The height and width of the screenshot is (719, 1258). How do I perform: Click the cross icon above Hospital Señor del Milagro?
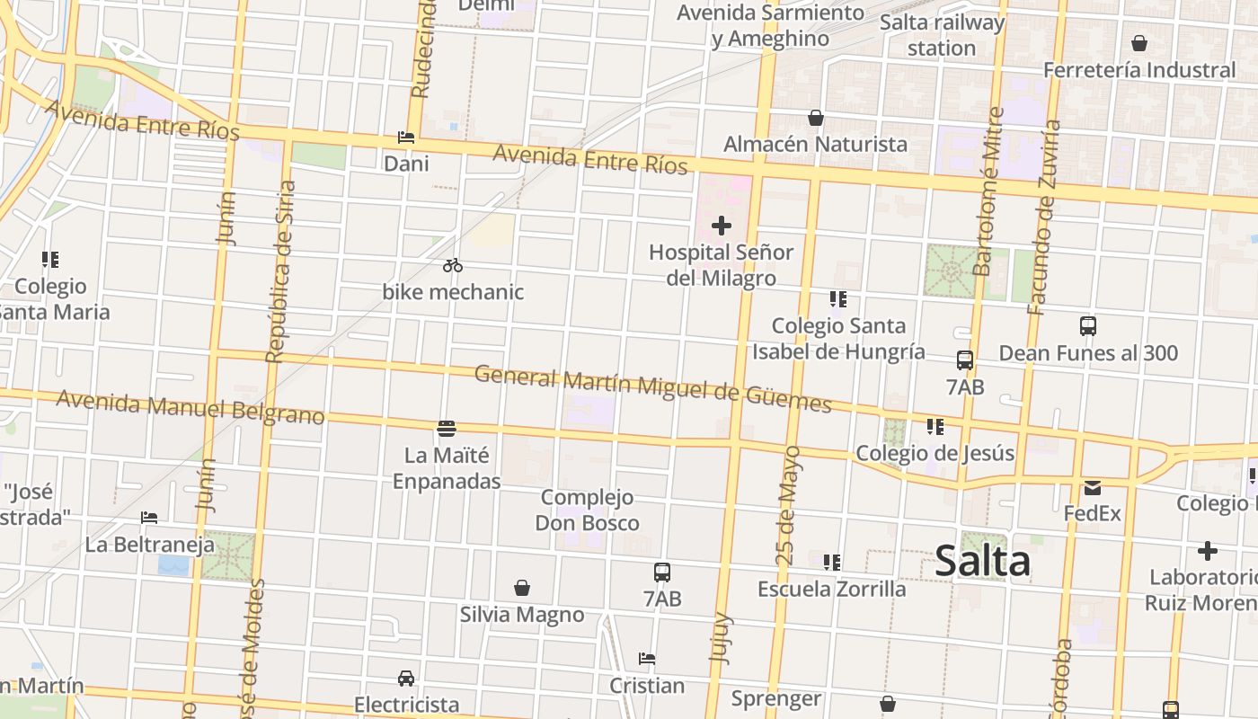(x=721, y=226)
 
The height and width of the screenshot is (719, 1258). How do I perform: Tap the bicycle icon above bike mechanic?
(x=453, y=265)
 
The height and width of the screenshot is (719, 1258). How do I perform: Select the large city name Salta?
(x=982, y=562)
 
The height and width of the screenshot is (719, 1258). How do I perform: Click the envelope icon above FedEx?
(x=1093, y=487)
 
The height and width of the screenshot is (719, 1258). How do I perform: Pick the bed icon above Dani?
(x=406, y=138)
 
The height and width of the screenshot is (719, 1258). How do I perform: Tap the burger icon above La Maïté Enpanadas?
(x=447, y=428)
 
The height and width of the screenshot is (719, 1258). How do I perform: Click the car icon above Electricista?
(x=406, y=678)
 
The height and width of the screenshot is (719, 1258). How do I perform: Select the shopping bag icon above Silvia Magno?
(x=522, y=588)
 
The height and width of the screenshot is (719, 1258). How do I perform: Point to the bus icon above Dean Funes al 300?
(x=1088, y=326)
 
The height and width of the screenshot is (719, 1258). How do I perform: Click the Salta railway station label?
(x=942, y=35)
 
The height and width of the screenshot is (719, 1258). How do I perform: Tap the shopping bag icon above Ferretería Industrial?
(x=1139, y=43)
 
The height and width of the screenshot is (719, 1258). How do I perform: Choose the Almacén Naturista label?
(x=815, y=144)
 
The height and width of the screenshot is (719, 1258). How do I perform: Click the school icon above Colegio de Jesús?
(x=935, y=427)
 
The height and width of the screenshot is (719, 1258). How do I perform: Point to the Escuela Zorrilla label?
(x=832, y=589)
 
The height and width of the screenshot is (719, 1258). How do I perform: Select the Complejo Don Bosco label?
(x=588, y=510)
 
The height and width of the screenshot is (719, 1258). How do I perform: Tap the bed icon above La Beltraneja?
(x=149, y=518)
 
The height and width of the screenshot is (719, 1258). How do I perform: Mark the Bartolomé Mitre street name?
(x=988, y=191)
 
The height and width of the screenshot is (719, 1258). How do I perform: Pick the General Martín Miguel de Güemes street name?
(x=653, y=387)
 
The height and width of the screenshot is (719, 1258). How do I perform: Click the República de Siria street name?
(x=279, y=271)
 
